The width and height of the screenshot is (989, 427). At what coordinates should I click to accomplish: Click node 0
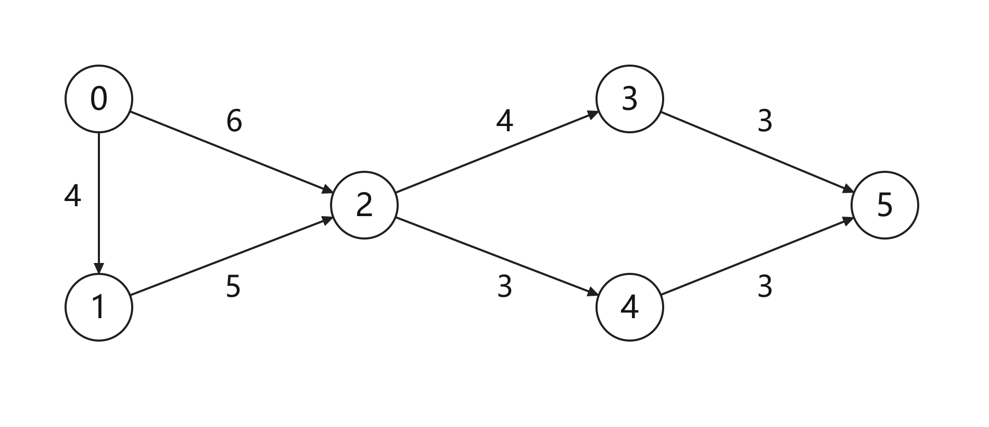point(99,99)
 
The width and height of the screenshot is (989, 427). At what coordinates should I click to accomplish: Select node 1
point(99,307)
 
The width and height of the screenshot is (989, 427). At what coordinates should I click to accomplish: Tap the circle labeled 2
point(364,205)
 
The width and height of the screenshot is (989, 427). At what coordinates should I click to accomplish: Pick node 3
point(630,99)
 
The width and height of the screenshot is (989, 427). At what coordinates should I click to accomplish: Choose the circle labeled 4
point(630,307)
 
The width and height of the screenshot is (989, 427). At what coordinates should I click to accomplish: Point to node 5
point(885,205)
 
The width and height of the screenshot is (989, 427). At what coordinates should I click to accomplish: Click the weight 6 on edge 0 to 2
point(234,121)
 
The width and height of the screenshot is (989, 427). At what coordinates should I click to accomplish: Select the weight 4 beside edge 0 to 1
point(72,196)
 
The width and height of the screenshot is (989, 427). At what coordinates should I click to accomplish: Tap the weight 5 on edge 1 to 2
point(233,286)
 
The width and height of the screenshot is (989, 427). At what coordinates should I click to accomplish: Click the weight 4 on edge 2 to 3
point(504,121)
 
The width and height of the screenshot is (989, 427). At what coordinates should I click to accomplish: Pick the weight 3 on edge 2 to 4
point(504,286)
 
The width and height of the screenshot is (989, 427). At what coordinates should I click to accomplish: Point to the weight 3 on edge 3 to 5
point(765,121)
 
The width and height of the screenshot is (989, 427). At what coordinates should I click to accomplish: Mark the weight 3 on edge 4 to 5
point(765,286)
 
